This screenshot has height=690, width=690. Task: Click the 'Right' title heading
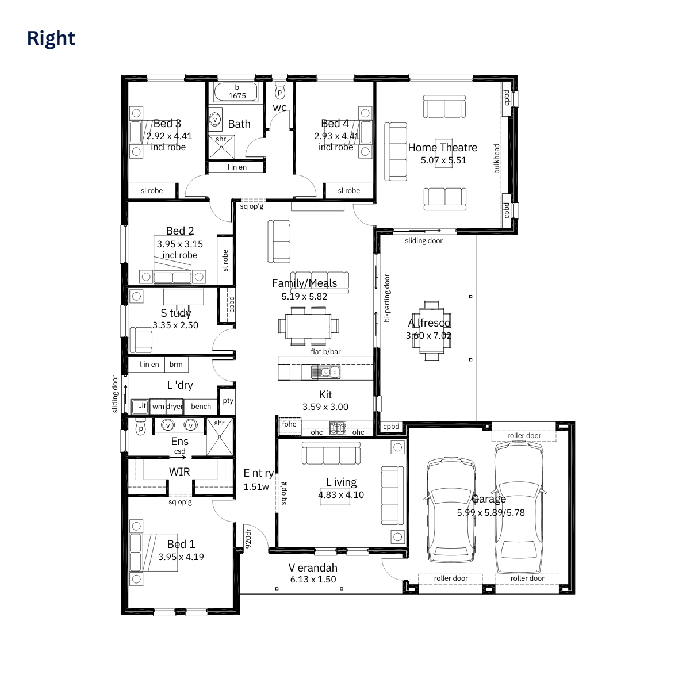coord(51,39)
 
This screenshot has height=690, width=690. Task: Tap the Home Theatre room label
coord(442,148)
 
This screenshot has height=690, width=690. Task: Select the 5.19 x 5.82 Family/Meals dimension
coord(304,297)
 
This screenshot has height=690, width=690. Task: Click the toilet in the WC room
coord(280,91)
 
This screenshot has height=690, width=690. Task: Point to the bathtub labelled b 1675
coord(237,91)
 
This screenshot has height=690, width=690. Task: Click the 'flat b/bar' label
coord(325,352)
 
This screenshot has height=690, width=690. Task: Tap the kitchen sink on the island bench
coord(325,372)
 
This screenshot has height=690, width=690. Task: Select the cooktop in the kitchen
coord(338,427)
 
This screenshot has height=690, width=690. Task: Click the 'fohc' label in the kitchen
coord(289,424)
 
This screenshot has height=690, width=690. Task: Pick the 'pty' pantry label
coord(228,401)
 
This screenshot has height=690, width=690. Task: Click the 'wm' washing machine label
coord(158,407)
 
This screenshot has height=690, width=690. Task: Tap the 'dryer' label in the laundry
coord(175,407)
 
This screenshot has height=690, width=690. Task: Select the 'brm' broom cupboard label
coord(176,365)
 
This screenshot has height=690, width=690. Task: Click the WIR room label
coord(179,472)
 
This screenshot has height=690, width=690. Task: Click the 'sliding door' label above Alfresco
coord(423,241)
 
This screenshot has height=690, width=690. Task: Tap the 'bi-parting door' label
coord(387,298)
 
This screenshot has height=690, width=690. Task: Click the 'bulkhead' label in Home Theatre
coord(497,158)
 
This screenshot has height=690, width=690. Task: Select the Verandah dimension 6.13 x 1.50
coord(313,580)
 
